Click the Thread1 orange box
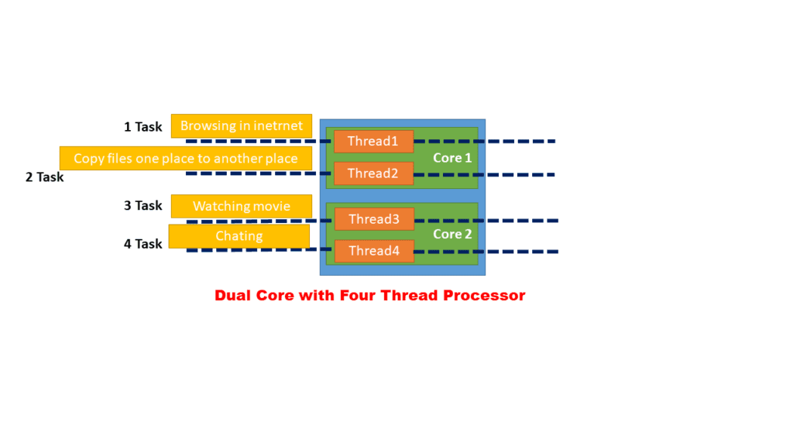click(373, 141)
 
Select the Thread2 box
click(373, 173)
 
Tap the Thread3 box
click(374, 219)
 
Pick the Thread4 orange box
click(374, 251)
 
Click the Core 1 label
click(452, 158)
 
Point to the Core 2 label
click(452, 234)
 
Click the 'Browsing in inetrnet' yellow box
click(242, 125)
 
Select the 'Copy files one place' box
click(186, 158)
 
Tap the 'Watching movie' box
click(242, 206)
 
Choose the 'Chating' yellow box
click(239, 236)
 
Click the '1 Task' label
click(143, 126)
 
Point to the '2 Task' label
click(44, 177)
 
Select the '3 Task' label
click(143, 205)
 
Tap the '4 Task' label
click(143, 244)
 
